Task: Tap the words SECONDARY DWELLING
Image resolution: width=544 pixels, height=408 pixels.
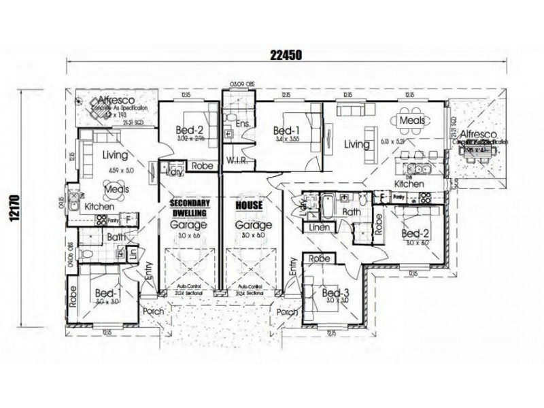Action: click(190, 207)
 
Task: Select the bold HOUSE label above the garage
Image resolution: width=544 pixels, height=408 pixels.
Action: click(248, 204)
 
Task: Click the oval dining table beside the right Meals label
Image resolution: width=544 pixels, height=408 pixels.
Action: click(413, 120)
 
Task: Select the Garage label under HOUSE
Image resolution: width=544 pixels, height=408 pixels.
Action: click(248, 225)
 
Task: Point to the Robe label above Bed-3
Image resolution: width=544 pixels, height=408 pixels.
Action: click(320, 259)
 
